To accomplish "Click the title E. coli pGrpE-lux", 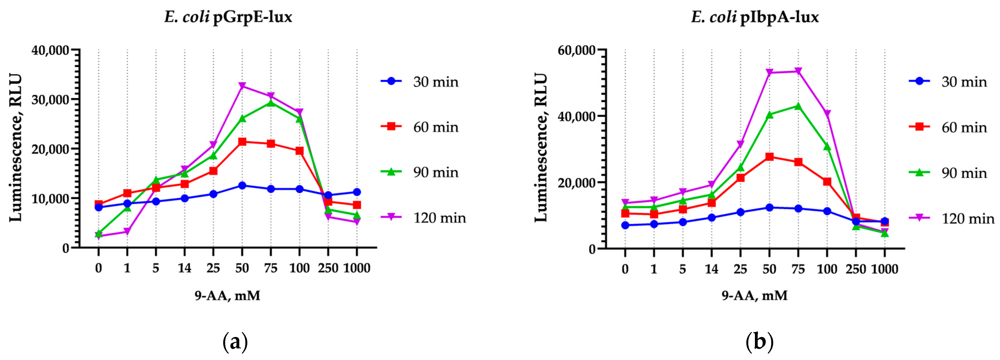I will coord(228,17).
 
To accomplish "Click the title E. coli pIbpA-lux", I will coord(755,17).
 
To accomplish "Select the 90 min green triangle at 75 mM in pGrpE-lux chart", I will coord(271,103).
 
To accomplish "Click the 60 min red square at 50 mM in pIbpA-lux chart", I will coord(769,157).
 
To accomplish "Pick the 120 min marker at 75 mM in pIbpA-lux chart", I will coord(798,71).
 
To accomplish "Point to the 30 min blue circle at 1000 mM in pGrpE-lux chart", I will coord(357,192).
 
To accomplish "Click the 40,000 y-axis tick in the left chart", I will coord(50,50).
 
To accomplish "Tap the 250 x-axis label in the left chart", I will coord(328,268).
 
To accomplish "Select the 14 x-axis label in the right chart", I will coord(711,269).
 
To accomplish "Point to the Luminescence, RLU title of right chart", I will coord(541,147).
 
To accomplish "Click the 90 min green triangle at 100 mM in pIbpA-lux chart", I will coord(827,146).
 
